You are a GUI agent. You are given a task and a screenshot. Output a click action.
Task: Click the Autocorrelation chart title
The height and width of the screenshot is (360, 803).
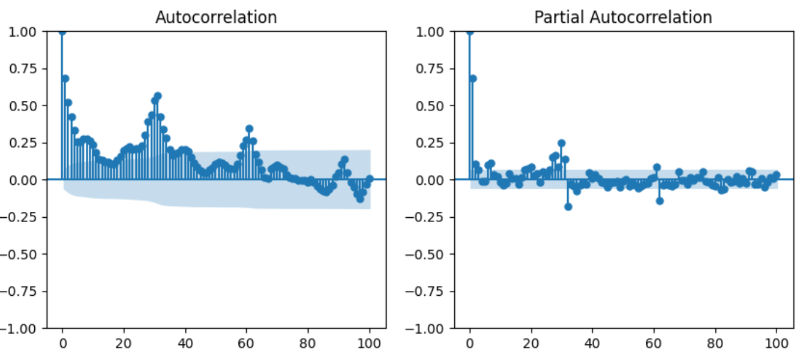[x=216, y=17]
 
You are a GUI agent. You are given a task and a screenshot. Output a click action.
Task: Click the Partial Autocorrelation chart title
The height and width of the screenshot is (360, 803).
[x=623, y=17]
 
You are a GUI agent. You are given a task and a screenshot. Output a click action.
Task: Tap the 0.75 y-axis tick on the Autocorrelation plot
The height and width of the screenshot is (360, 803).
[x=23, y=68]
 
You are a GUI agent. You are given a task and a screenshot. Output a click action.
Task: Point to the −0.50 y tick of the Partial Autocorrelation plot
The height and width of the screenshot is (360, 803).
[x=424, y=254]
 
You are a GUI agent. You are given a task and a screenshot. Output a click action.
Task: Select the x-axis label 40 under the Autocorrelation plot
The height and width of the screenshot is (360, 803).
[x=185, y=344]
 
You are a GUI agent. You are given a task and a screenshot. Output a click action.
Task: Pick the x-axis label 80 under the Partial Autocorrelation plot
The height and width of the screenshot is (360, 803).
[x=715, y=344]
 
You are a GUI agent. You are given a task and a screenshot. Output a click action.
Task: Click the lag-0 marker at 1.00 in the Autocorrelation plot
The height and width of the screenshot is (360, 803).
[x=62, y=32]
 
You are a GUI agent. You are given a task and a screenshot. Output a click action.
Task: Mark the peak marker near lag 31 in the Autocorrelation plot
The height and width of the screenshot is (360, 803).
[x=158, y=96]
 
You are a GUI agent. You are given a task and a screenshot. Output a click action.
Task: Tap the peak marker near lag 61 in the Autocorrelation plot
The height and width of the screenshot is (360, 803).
[x=250, y=128]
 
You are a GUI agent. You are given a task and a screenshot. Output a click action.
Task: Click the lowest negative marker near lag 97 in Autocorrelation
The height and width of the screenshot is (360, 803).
[x=360, y=199]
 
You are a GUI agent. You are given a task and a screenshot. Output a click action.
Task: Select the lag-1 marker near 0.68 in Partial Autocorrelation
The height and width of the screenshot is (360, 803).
[x=473, y=79]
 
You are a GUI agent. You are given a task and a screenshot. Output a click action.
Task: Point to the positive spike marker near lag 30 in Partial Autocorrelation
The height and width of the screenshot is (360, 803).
[x=562, y=143]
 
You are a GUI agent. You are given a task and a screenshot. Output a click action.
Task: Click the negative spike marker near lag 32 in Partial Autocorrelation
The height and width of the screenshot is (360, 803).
[x=568, y=207]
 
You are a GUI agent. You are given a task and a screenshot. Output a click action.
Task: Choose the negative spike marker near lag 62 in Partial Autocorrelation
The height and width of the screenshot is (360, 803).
[x=660, y=201]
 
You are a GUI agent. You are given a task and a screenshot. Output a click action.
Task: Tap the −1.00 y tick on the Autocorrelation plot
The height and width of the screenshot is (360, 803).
[x=18, y=328]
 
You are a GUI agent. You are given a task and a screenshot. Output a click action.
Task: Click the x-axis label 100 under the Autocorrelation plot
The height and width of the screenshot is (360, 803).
[x=369, y=344]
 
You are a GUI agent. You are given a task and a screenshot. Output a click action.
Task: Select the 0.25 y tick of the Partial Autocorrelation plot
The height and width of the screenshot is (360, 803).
[x=430, y=143]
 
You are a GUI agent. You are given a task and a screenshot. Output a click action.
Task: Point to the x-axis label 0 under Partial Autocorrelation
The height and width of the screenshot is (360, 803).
[x=470, y=344]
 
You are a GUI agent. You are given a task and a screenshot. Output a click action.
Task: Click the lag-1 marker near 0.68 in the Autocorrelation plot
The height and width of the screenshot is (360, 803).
[x=65, y=79]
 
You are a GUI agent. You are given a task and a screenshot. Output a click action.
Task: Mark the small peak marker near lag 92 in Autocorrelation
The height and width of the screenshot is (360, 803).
[x=345, y=160]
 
